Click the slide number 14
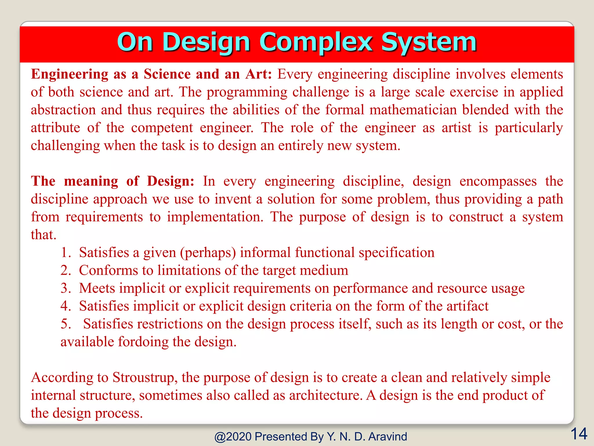click(579, 434)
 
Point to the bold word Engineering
click(70, 74)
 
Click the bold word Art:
click(258, 74)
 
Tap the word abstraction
click(63, 110)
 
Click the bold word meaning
click(91, 181)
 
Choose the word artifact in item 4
click(467, 306)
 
